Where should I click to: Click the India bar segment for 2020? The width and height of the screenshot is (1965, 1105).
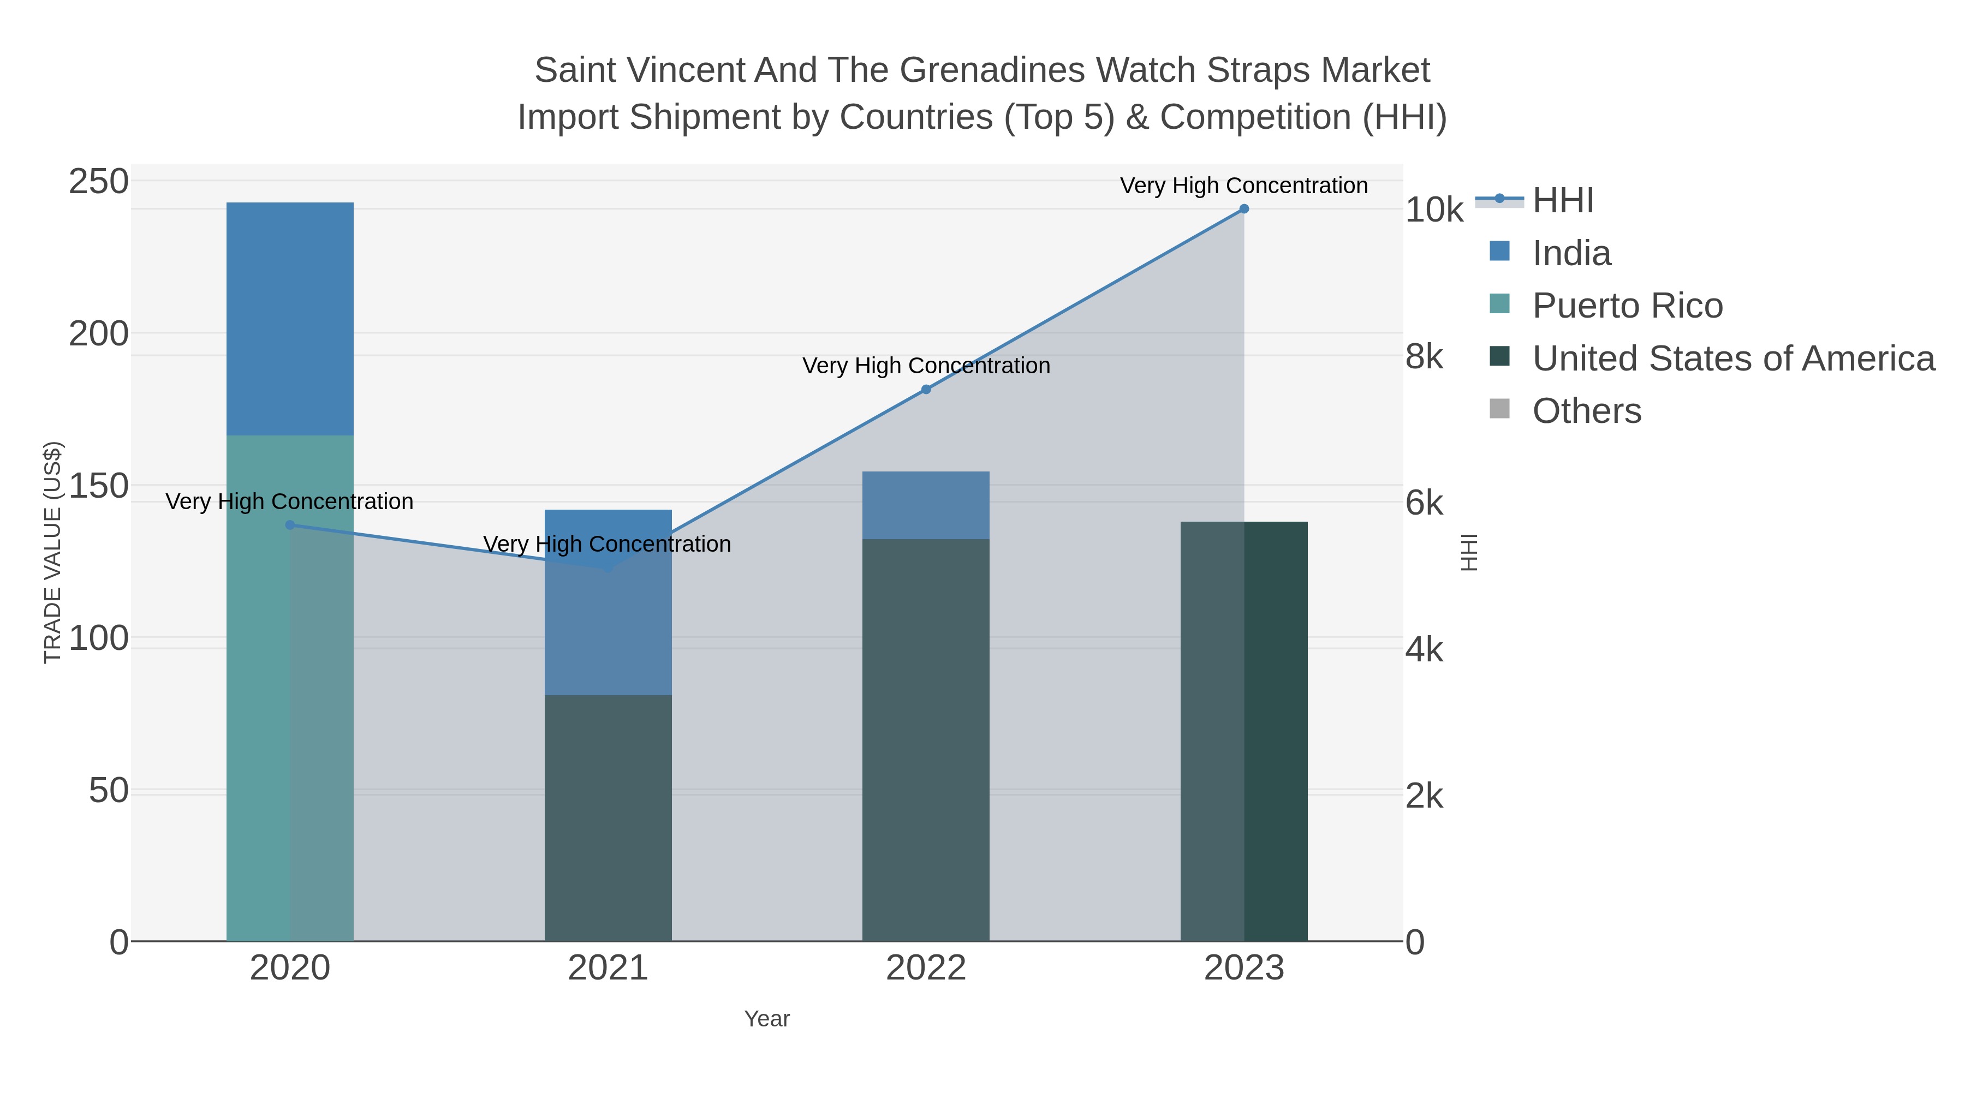click(290, 319)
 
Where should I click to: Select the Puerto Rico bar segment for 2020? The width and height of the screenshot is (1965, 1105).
click(290, 686)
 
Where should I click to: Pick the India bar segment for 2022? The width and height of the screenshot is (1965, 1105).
click(925, 505)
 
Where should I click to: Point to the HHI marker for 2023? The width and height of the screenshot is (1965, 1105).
click(1243, 209)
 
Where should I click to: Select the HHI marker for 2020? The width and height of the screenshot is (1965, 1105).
click(290, 524)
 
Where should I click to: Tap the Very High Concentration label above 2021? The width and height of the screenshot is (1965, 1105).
click(607, 543)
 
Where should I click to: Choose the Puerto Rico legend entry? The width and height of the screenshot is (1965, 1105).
click(1627, 306)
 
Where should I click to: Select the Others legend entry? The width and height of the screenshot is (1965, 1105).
click(1587, 411)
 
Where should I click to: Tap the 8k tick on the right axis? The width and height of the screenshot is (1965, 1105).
click(1424, 356)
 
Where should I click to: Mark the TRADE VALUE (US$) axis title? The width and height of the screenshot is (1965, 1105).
click(52, 552)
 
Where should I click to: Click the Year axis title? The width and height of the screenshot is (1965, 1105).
click(767, 1019)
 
